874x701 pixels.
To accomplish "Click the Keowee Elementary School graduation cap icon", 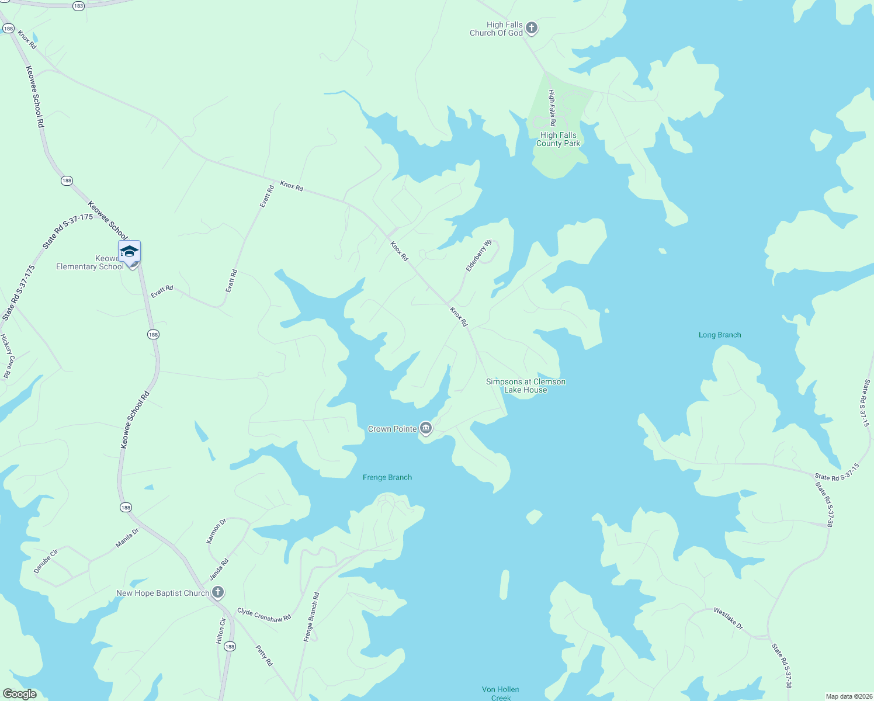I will (129, 252).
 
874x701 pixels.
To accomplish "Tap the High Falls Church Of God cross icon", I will (531, 27).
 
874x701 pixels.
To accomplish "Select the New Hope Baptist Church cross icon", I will (217, 593).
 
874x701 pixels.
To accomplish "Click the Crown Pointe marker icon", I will (426, 429).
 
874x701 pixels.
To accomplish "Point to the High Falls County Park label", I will (558, 139).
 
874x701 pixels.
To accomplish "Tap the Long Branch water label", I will (720, 335).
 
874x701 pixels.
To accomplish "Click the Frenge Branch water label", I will (387, 477).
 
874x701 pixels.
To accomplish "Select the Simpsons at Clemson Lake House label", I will (526, 386).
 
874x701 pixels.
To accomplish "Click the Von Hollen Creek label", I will (501, 693).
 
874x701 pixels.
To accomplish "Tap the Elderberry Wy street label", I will (479, 255).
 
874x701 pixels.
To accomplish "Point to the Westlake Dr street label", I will (728, 619).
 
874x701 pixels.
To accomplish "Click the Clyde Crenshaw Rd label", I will (263, 615).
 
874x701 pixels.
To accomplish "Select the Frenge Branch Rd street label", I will (311, 617).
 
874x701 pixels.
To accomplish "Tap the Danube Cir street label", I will (46, 561).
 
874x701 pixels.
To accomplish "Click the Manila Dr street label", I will (127, 537).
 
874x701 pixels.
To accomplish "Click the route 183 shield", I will (78, 6).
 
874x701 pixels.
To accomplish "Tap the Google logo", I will (20, 694).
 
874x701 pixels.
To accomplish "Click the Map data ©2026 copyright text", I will (848, 696).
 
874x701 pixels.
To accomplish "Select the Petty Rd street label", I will (264, 655).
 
